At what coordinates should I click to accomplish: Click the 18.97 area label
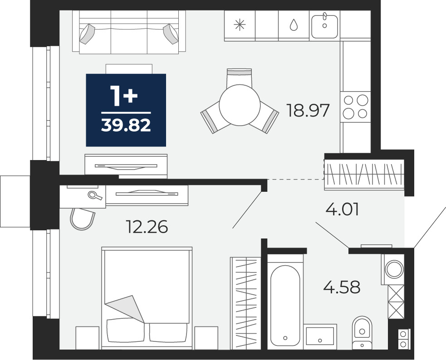[308, 110]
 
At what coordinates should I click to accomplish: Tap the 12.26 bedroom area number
[147, 227]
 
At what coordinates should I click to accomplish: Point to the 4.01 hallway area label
[342, 209]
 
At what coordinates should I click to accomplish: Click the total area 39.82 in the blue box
[126, 125]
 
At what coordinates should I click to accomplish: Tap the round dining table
[240, 105]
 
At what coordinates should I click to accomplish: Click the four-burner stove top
[356, 107]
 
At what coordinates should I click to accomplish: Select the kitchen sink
[324, 26]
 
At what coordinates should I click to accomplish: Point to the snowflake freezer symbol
[240, 25]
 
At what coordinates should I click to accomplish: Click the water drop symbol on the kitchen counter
[293, 25]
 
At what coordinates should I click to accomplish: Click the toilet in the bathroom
[362, 333]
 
